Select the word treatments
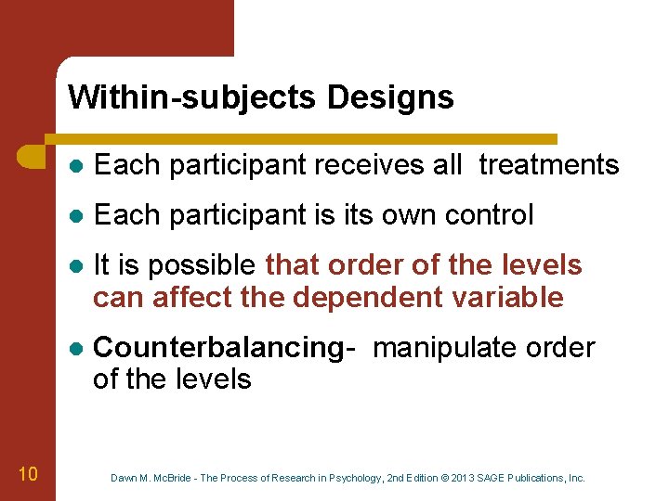click(549, 165)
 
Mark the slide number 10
click(28, 475)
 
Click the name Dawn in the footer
click(124, 478)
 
